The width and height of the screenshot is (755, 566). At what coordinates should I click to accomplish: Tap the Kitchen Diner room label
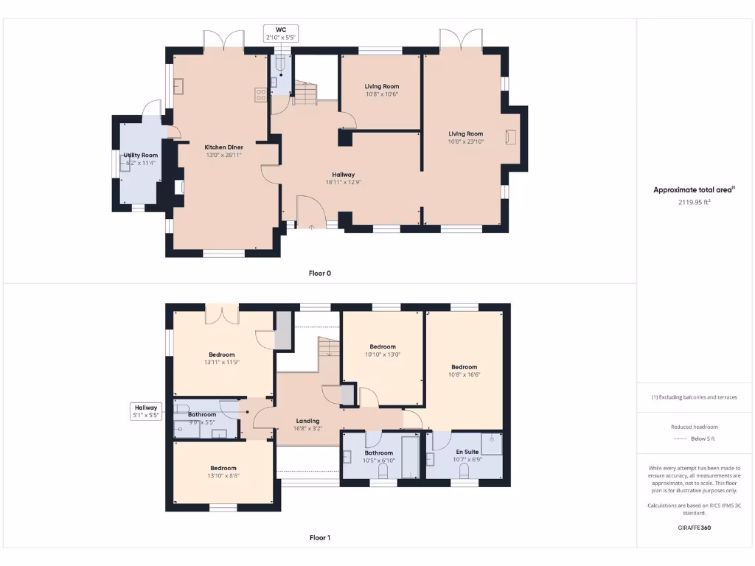[x=224, y=147]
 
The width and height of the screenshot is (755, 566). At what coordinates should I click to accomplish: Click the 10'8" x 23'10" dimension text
[x=466, y=141]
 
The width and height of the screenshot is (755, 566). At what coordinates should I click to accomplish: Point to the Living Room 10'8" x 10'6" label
[x=381, y=90]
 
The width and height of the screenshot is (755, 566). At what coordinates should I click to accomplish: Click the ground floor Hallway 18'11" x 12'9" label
[x=343, y=178]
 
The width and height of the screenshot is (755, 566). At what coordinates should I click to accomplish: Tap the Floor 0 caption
[x=319, y=273]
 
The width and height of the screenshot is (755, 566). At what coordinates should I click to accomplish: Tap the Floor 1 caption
[x=319, y=538]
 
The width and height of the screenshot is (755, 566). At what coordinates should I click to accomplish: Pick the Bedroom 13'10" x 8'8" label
[x=223, y=472]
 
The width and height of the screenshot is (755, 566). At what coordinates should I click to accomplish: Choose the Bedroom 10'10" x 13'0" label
[x=383, y=350]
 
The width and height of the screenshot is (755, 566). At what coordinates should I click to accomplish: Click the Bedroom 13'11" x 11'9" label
[x=221, y=358]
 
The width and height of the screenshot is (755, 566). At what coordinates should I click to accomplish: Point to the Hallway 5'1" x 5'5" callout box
[x=145, y=411]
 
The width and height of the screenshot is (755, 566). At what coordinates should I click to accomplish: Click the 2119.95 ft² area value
[x=694, y=202]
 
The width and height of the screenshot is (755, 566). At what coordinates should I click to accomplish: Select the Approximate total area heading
[x=694, y=189]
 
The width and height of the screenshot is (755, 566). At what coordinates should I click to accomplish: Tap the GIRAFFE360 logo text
[x=694, y=528]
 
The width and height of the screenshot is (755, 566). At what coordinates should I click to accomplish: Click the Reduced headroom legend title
[x=694, y=427]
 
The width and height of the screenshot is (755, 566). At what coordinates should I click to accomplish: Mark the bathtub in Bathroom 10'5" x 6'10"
[x=408, y=463]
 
